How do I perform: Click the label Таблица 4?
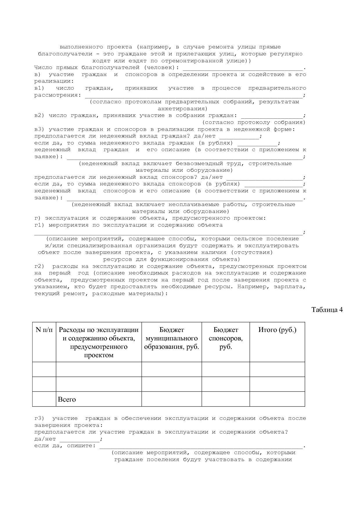(x=327, y=310)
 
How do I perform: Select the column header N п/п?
(x=44, y=330)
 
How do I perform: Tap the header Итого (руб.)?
(x=277, y=330)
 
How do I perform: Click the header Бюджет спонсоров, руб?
(x=226, y=338)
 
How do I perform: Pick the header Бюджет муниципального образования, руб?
(x=172, y=338)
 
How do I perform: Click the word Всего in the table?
(x=67, y=399)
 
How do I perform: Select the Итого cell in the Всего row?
(x=277, y=399)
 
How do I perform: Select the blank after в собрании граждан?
(x=271, y=115)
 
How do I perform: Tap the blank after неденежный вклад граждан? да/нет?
(x=239, y=136)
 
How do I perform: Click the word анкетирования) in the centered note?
(x=182, y=109)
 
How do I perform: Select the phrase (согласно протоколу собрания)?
(x=254, y=122)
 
